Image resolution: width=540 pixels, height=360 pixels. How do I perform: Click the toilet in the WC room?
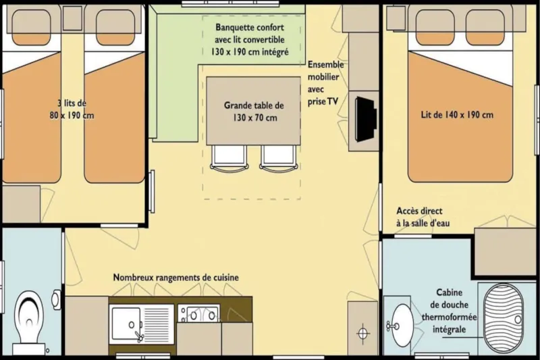tap(28, 322)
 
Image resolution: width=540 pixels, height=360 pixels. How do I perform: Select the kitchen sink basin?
tap(127, 319)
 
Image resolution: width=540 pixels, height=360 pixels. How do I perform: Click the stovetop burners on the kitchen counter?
tap(198, 314)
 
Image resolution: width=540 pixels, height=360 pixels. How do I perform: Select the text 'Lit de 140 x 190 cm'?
tap(457, 115)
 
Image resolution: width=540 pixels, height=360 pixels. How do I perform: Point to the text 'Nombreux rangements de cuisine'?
tap(175, 278)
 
